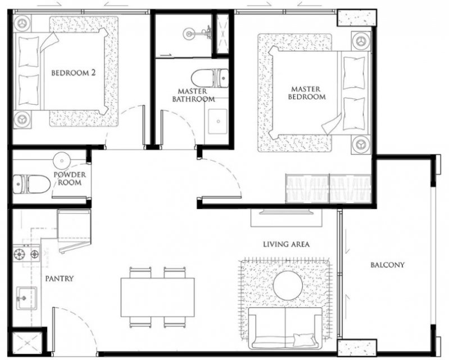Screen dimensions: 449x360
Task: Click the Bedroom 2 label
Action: pyautogui.click(x=73, y=73)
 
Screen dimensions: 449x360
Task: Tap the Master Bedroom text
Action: pyautogui.click(x=307, y=93)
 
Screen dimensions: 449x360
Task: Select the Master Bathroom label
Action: pyautogui.click(x=193, y=95)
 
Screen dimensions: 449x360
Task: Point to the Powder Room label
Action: pyautogui.click(x=70, y=178)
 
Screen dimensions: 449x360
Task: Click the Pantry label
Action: pyautogui.click(x=59, y=278)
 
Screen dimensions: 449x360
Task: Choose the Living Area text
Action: pyautogui.click(x=287, y=244)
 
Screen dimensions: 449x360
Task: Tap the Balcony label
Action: pyautogui.click(x=387, y=264)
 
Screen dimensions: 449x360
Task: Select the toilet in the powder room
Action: pyautogui.click(x=31, y=184)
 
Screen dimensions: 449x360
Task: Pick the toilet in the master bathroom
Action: pyautogui.click(x=210, y=78)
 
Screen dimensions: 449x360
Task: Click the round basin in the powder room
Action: pyautogui.click(x=62, y=160)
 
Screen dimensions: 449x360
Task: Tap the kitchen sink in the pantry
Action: pyautogui.click(x=26, y=298)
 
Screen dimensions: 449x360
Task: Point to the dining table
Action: pyautogui.click(x=157, y=297)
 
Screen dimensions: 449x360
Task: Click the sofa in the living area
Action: pyautogui.click(x=285, y=328)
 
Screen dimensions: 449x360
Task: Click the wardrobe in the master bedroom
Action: pyautogui.click(x=328, y=188)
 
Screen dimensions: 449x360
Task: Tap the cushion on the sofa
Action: pyautogui.click(x=303, y=339)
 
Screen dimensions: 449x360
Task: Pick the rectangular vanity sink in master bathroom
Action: pyautogui.click(x=217, y=121)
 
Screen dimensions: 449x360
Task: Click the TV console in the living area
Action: pyautogui.click(x=287, y=218)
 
